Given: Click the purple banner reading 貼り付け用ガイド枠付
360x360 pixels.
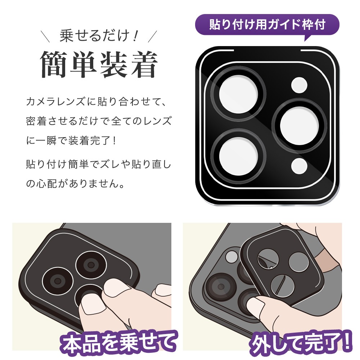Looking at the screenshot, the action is pyautogui.click(x=267, y=24).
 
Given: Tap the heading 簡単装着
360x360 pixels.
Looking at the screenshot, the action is pyautogui.click(x=99, y=64).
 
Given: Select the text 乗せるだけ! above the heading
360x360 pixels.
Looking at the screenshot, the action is pyautogui.click(x=99, y=36).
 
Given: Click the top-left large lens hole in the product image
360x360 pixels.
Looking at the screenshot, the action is pyautogui.click(x=238, y=94).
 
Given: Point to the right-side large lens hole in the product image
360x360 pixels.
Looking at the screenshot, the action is pyautogui.click(x=300, y=125).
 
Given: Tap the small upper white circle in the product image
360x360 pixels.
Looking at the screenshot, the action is pyautogui.click(x=299, y=85).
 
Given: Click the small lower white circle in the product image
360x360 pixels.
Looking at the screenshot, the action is pyautogui.click(x=299, y=166).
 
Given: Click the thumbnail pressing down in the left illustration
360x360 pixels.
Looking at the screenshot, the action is pyautogui.click(x=93, y=304).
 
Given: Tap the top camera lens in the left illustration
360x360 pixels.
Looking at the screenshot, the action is pyautogui.click(x=91, y=265).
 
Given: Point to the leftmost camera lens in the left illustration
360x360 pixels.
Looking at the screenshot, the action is pyautogui.click(x=58, y=281).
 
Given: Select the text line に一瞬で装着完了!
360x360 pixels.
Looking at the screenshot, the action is pyautogui.click(x=72, y=140).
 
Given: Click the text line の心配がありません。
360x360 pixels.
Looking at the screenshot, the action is pyautogui.click(x=75, y=184).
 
